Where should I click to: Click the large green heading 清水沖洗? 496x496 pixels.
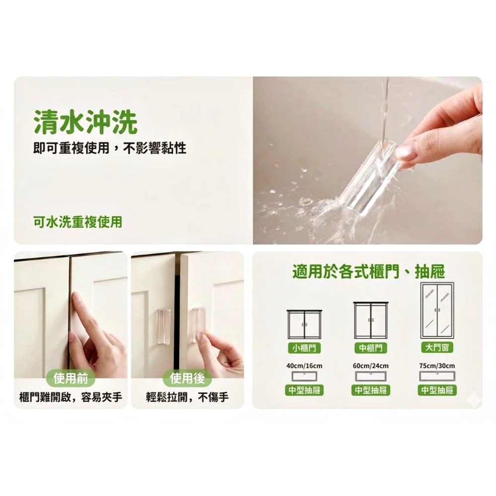pyautogui.click(x=85, y=122)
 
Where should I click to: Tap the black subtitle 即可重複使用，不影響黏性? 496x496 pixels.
pyautogui.click(x=110, y=148)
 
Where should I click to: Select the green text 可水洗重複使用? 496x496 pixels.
pyautogui.click(x=78, y=222)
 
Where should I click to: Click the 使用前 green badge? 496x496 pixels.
pyautogui.click(x=70, y=378)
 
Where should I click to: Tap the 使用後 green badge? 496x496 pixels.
pyautogui.click(x=187, y=378)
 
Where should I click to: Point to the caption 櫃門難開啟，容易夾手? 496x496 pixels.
pyautogui.click(x=70, y=397)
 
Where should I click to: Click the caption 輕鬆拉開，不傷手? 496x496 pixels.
pyautogui.click(x=187, y=397)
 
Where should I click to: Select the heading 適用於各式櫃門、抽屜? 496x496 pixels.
pyautogui.click(x=369, y=272)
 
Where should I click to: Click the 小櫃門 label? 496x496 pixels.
pyautogui.click(x=304, y=348)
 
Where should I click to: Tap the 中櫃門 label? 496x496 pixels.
pyautogui.click(x=371, y=348)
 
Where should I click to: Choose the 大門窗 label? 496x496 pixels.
pyautogui.click(x=437, y=347)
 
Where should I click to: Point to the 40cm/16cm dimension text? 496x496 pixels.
pyautogui.click(x=305, y=366)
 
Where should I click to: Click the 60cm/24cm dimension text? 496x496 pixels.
pyautogui.click(x=371, y=366)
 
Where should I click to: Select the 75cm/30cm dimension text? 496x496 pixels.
pyautogui.click(x=437, y=366)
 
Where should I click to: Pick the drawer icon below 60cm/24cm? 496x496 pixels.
pyautogui.click(x=371, y=376)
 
